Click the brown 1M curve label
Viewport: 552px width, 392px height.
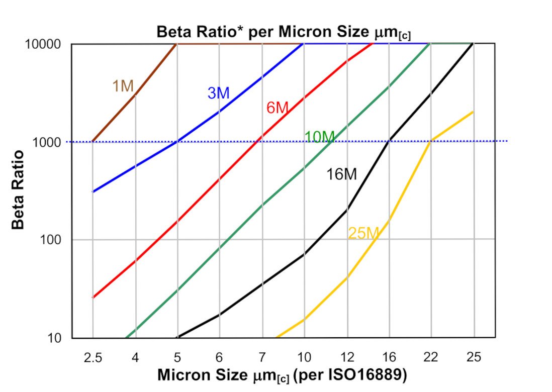pyautogui.click(x=123, y=86)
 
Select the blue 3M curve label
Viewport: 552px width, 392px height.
pyautogui.click(x=218, y=93)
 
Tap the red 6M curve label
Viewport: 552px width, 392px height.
pyautogui.click(x=277, y=107)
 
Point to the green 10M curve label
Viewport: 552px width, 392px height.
pyautogui.click(x=319, y=137)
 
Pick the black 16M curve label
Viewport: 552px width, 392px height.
pyautogui.click(x=341, y=174)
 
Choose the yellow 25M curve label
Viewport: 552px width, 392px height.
pyautogui.click(x=362, y=233)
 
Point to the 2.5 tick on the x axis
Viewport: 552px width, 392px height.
pyautogui.click(x=93, y=357)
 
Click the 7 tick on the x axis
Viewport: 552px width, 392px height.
pyautogui.click(x=262, y=357)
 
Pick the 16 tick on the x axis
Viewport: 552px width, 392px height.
pyautogui.click(x=389, y=357)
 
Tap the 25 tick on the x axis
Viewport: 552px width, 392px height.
pyautogui.click(x=474, y=357)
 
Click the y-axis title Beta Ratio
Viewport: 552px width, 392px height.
pyautogui.click(x=18, y=189)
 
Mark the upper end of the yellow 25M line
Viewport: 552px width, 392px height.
pyautogui.click(x=473, y=112)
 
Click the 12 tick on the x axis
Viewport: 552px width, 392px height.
pyautogui.click(x=347, y=357)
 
